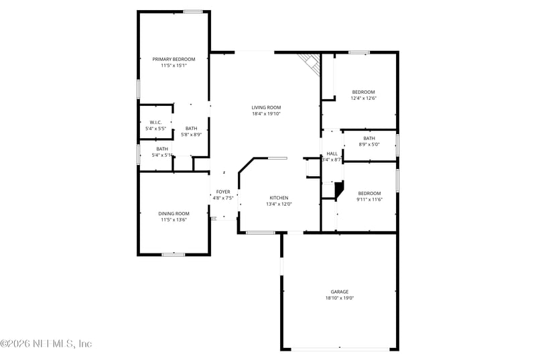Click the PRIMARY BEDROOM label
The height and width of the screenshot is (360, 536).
[174, 59]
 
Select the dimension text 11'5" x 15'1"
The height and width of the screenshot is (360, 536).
[174, 66]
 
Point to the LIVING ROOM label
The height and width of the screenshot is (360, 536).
[266, 107]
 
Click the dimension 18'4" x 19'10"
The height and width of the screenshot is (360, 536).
[266, 114]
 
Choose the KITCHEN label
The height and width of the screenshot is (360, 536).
[279, 198]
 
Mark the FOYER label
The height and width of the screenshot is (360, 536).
[223, 192]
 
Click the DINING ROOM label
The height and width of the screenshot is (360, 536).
[174, 213]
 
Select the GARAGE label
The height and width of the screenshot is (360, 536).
[339, 292]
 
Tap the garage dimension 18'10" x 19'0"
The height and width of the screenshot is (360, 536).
[339, 298]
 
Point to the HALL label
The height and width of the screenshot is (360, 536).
[332, 154]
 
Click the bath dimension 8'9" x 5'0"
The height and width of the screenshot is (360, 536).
[369, 144]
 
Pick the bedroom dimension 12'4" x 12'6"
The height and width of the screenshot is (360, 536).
[364, 99]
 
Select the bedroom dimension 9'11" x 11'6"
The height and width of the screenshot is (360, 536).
[368, 200]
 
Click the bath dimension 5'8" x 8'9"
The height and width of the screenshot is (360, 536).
[192, 135]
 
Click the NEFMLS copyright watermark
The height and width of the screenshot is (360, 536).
[47, 343]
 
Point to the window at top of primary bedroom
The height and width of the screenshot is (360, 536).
[193, 11]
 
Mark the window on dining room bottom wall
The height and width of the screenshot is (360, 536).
[174, 254]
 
